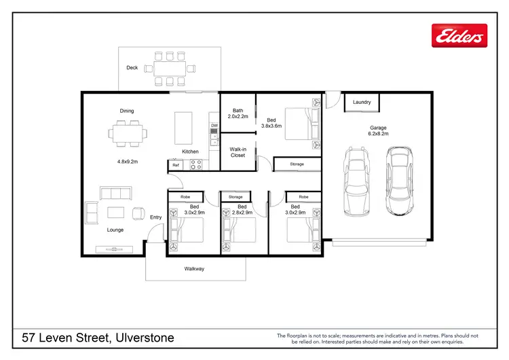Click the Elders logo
point(459,35)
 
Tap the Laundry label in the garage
point(362,103)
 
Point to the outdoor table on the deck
point(169,68)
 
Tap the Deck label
point(132,68)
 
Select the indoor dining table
point(128,132)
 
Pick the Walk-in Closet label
point(238,151)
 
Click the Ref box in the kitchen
point(176,165)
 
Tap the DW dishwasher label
point(214,126)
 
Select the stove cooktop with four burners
point(195,164)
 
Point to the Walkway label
point(194,269)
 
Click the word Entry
point(156,217)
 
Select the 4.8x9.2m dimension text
point(128,162)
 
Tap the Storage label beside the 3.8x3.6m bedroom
point(297,164)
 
